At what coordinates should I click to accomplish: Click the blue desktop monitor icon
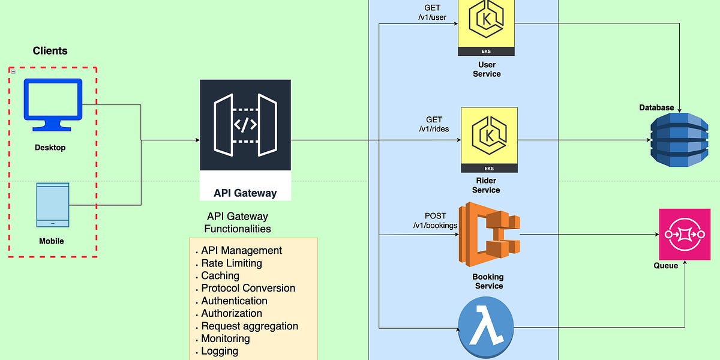click(53, 105)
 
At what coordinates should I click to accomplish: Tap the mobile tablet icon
click(53, 205)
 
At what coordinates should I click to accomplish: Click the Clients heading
click(50, 51)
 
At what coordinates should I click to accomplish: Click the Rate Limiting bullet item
click(231, 263)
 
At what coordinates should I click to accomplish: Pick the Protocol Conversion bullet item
click(248, 288)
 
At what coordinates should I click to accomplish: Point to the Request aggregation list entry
click(249, 326)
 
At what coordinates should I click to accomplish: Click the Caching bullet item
click(220, 275)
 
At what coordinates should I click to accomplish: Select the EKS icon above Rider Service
click(488, 139)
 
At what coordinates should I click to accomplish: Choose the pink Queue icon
click(685, 234)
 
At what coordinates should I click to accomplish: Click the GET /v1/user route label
click(433, 13)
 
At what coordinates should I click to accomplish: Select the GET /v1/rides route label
click(433, 124)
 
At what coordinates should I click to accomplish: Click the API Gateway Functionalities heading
click(237, 222)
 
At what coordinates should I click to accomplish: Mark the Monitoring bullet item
click(225, 338)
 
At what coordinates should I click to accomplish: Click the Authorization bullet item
click(231, 313)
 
